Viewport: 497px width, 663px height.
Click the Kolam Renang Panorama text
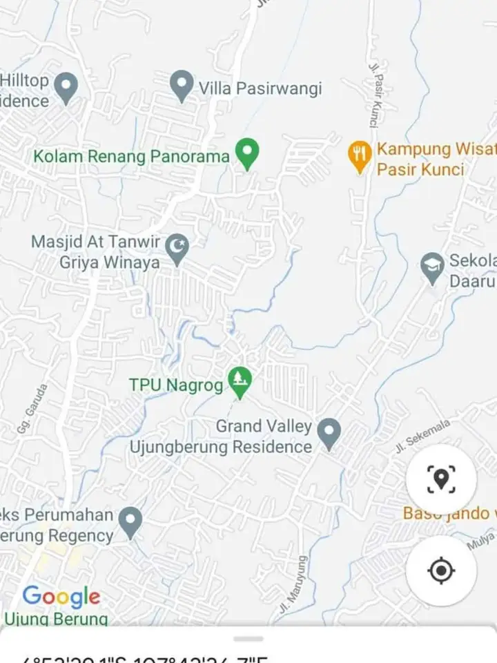[x=131, y=156]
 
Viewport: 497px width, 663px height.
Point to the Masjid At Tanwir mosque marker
[x=177, y=248]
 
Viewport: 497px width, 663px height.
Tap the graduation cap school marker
[x=433, y=268]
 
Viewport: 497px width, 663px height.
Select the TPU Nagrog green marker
[x=240, y=381]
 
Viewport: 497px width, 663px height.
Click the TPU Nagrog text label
[x=176, y=385]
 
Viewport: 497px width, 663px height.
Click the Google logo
[x=61, y=597]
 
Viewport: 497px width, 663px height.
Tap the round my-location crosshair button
[x=441, y=571]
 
